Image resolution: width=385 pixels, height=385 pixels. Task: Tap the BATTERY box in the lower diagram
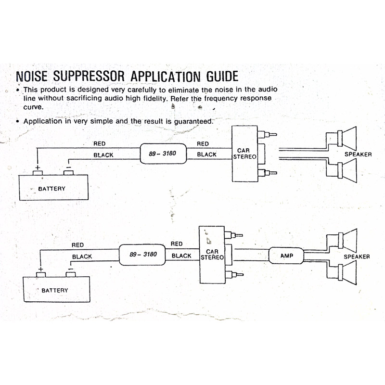54,290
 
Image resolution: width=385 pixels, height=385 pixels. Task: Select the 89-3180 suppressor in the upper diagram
162,154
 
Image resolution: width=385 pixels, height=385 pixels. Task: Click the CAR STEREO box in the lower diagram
212,255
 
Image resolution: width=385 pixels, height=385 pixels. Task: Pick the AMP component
287,256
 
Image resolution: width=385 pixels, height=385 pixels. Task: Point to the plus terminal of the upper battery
37,172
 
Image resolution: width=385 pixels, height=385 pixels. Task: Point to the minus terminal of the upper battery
68,171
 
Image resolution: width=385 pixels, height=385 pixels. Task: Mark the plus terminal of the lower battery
41,273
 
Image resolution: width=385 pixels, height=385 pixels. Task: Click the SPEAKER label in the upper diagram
358,154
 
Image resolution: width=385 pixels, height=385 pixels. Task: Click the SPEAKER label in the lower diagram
357,257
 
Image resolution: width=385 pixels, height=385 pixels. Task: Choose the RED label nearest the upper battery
100,143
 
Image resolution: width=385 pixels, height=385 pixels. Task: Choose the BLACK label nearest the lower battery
82,257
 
